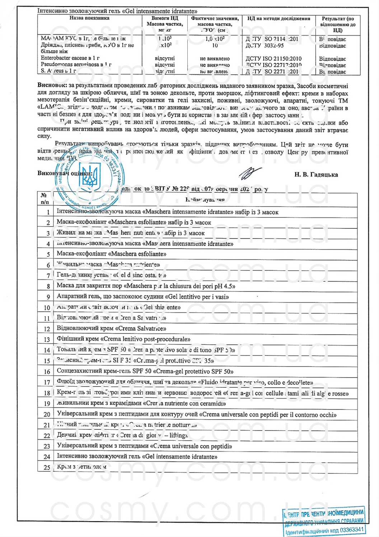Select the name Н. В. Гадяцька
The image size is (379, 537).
[x=316, y=175]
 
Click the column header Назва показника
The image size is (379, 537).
[x=89, y=18]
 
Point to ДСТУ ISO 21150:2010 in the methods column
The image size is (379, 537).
[x=273, y=59]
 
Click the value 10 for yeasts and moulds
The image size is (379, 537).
[x=215, y=46]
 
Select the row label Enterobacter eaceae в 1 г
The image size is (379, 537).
[x=70, y=58]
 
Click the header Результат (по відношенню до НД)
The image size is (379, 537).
[x=338, y=24]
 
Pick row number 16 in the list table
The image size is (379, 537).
[x=47, y=372]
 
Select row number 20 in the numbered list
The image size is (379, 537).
[x=47, y=415]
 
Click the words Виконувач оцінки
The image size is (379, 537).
[x=65, y=173]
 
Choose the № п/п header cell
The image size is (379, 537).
[x=45, y=199]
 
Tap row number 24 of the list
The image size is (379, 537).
[x=47, y=457]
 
